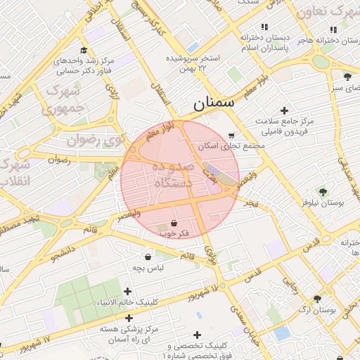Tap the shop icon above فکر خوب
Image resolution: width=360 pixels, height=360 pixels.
[174, 222]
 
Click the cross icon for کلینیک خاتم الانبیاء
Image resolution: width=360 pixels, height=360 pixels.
[127, 291]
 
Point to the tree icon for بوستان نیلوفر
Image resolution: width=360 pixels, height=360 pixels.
[323, 191]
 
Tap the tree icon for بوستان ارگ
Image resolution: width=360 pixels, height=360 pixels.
[318, 298]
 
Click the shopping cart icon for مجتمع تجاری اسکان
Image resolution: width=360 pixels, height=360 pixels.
[232, 135]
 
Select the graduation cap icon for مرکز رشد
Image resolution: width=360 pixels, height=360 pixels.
[84, 50]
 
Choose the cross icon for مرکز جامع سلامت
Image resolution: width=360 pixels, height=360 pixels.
[284, 110]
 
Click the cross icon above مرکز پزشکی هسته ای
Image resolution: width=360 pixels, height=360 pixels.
[129, 318]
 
